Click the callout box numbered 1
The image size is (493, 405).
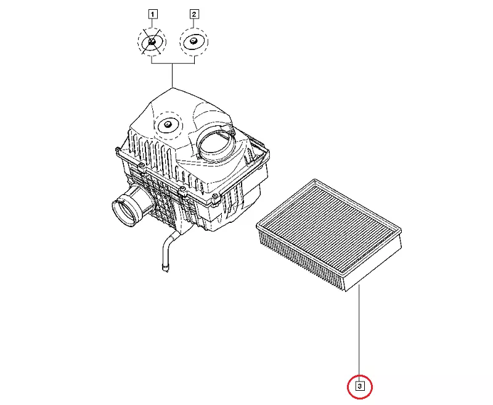click(x=152, y=14)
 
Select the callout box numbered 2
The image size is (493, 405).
click(x=194, y=14)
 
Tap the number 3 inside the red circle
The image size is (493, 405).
click(x=359, y=386)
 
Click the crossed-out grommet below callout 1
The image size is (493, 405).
click(x=152, y=41)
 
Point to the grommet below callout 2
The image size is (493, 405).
click(x=194, y=41)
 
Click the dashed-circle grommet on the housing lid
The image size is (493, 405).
click(x=168, y=125)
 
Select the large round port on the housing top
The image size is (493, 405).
click(x=217, y=144)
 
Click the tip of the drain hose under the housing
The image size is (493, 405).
click(x=165, y=269)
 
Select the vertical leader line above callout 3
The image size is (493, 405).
click(x=359, y=333)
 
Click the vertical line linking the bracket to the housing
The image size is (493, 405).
click(x=173, y=75)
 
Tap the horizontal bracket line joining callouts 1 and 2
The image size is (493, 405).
click(x=173, y=64)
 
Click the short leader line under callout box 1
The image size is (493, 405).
click(x=152, y=23)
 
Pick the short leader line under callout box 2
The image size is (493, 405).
click(x=194, y=23)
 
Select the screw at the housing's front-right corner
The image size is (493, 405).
click(x=215, y=197)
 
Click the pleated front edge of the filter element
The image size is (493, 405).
click(x=302, y=258)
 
